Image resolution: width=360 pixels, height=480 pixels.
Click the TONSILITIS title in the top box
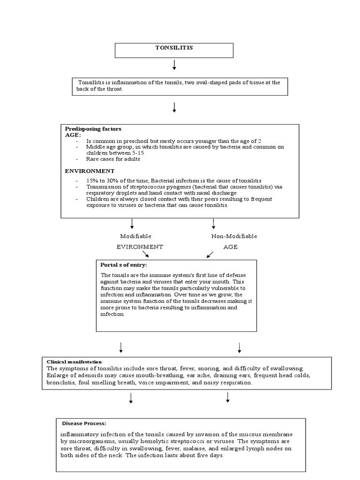click(x=174, y=48)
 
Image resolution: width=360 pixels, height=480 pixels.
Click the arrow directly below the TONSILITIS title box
click(x=174, y=65)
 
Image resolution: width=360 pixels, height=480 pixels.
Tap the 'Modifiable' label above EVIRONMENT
click(x=135, y=236)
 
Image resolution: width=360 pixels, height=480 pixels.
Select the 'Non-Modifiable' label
click(x=234, y=236)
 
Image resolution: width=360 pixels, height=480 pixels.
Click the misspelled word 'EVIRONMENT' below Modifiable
click(x=139, y=247)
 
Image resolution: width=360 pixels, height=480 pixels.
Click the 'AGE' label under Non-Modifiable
click(x=230, y=247)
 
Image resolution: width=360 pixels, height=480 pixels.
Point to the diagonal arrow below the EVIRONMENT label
click(x=146, y=254)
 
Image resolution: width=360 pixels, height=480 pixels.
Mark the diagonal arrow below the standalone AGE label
click(x=210, y=254)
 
